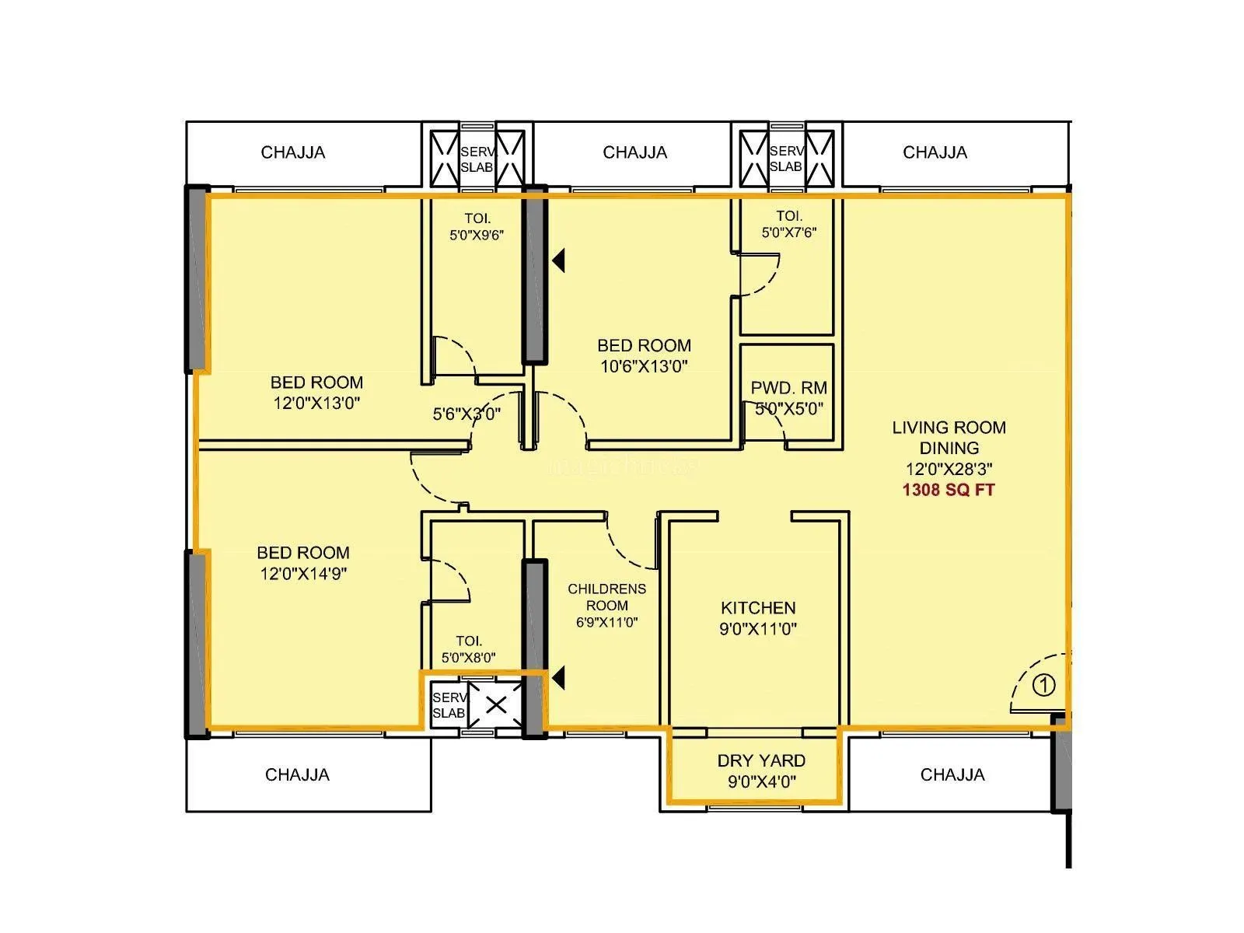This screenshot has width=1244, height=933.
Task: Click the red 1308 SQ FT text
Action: (948, 490)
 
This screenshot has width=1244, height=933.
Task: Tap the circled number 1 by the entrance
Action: (1044, 685)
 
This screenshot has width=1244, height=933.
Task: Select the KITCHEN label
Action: (758, 608)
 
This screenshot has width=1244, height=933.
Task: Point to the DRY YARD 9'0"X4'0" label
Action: (761, 771)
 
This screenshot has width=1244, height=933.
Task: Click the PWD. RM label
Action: (788, 388)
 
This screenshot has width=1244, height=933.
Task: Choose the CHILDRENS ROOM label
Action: (606, 597)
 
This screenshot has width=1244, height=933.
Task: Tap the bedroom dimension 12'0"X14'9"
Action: (303, 574)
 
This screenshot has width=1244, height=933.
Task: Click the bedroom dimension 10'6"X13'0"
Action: (644, 366)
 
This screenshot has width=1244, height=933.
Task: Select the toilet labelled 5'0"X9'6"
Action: (477, 227)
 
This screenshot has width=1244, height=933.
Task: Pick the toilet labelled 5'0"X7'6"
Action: (788, 224)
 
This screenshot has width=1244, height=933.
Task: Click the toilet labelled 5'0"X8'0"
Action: (468, 649)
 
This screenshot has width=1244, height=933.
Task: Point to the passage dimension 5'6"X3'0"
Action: (466, 414)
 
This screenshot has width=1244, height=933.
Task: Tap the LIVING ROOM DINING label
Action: (949, 438)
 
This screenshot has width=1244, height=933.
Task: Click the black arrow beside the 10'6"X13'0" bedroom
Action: (558, 260)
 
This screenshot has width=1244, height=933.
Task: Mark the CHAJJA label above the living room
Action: (935, 152)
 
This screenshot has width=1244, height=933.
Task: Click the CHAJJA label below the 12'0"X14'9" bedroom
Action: (297, 774)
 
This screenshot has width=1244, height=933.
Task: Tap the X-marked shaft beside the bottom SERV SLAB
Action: (496, 705)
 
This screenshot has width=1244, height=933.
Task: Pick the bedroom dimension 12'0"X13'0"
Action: (316, 404)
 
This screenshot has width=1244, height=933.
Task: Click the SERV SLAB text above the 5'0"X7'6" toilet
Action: (785, 159)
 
